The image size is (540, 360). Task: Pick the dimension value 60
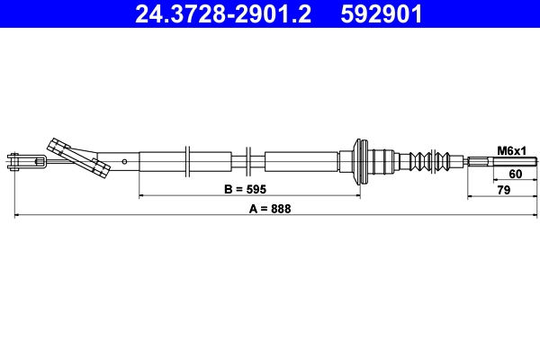pyautogui.click(x=516, y=174)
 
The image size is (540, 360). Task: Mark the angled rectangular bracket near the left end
pyautogui.click(x=76, y=157)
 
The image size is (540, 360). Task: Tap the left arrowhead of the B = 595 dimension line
pyautogui.click(x=142, y=195)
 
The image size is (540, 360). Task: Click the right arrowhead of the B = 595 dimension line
pyautogui.click(x=357, y=195)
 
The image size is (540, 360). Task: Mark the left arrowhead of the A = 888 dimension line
pyautogui.click(x=17, y=215)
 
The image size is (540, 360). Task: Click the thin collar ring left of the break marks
pyautogui.click(x=186, y=162)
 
